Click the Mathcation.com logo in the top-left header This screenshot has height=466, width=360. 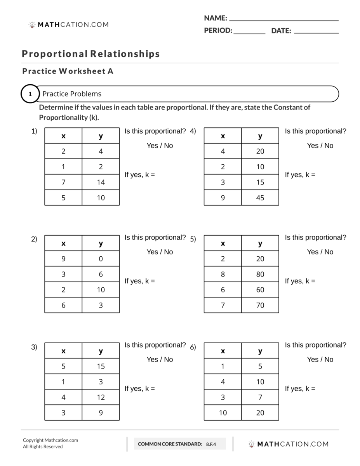click(x=69, y=24)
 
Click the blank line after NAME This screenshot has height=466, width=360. click(x=284, y=19)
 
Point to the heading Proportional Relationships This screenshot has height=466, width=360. click(x=91, y=54)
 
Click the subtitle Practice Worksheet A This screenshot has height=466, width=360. click(x=68, y=71)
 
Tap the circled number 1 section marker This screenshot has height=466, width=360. click(x=30, y=94)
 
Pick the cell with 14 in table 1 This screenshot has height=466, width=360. click(x=101, y=182)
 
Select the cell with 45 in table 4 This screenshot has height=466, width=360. click(x=260, y=198)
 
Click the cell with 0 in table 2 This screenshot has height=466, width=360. click(x=101, y=259)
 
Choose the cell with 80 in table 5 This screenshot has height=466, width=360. click(x=260, y=274)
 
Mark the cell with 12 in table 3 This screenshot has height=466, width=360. click(x=101, y=397)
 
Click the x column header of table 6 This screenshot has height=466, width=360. click(x=223, y=351)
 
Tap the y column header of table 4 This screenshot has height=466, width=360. click(x=260, y=136)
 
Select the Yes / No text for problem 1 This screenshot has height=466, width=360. click(x=160, y=146)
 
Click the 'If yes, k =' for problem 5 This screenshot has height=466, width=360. click(x=300, y=281)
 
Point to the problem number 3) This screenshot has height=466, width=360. click(x=34, y=348)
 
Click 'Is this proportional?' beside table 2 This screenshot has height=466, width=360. click(x=155, y=237)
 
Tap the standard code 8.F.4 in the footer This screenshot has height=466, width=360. click(x=211, y=444)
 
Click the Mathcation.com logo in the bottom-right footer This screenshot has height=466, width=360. click(x=288, y=444)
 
